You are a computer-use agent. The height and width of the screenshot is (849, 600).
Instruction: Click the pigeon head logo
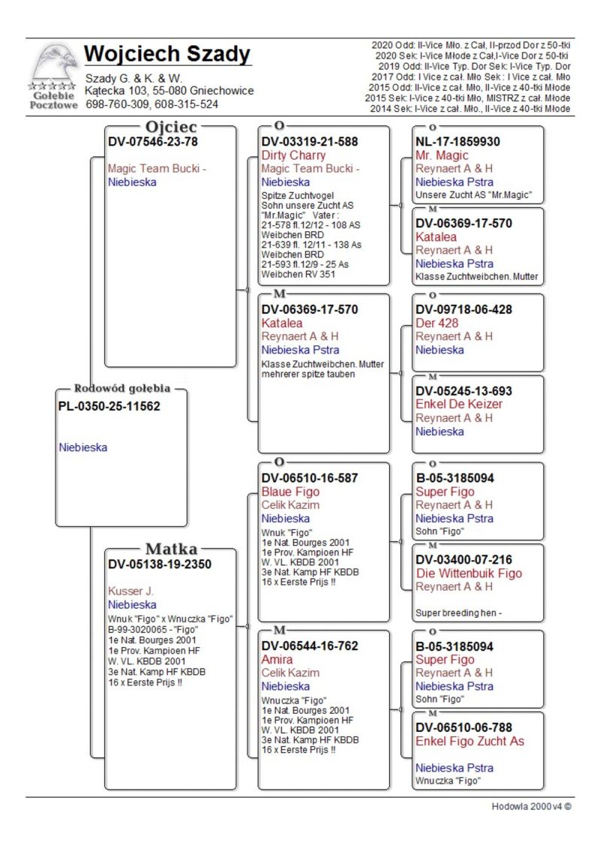pos(53,65)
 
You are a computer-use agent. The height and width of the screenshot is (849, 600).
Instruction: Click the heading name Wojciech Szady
pos(167,54)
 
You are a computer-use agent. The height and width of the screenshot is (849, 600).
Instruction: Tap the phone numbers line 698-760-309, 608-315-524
pos(152,104)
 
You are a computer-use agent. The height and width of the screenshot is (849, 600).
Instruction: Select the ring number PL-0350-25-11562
pos(109,406)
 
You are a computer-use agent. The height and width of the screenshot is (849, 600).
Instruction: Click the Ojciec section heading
pos(171,127)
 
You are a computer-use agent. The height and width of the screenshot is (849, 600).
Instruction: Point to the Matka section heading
pos(171,549)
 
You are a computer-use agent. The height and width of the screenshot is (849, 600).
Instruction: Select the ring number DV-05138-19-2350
pos(160,564)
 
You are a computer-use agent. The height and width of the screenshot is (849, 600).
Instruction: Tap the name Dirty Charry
pos(293,155)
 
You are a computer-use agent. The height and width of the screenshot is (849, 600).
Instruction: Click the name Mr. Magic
pos(442,155)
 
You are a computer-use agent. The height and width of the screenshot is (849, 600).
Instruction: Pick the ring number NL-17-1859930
pos(457,141)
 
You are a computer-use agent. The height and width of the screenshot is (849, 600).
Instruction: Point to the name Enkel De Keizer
pos(459,404)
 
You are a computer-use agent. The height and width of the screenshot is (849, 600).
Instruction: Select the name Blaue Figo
pos(290,492)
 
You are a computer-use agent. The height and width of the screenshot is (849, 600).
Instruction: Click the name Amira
pos(277,659)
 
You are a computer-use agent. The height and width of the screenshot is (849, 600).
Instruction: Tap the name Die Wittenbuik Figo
pos(469,574)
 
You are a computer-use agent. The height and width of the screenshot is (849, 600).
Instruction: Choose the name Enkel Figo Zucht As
pos(470,741)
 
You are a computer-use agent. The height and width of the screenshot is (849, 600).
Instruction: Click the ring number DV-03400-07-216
pos(464,559)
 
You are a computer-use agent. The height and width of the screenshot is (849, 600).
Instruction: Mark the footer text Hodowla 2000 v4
pos(531,807)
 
